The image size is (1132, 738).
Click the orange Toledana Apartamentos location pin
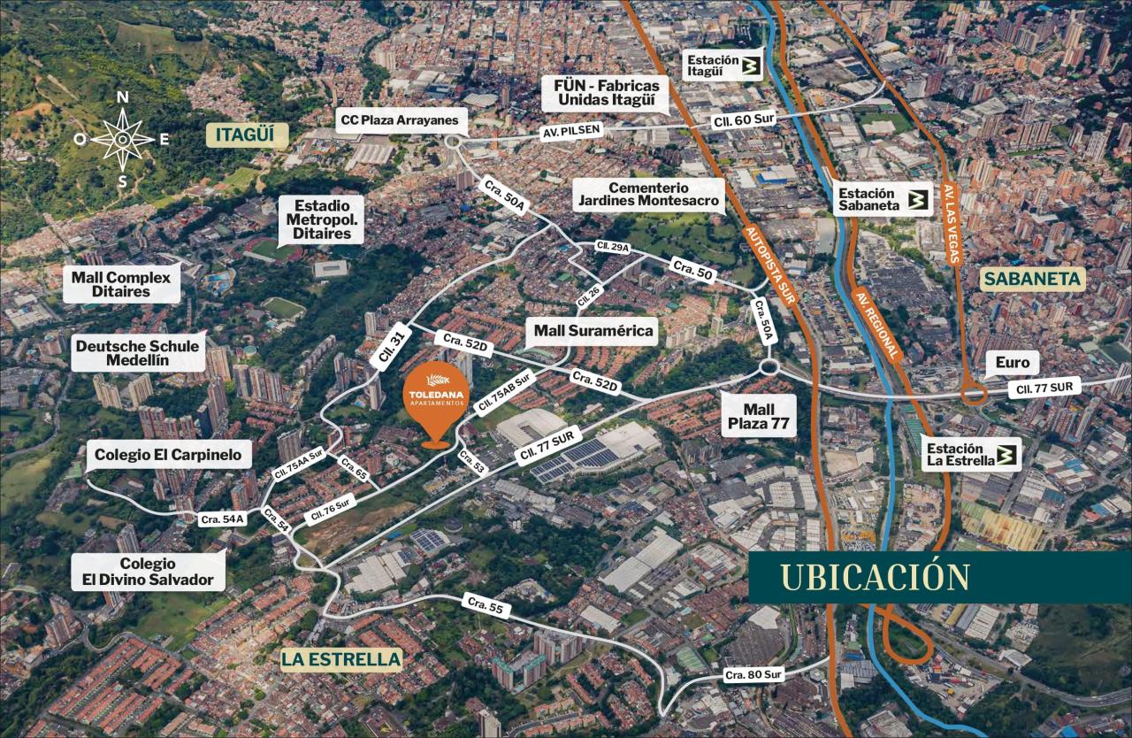(x=434, y=404)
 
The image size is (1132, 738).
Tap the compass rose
(x=122, y=139)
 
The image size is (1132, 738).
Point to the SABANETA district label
(x=1031, y=280)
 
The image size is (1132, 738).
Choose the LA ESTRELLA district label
(x=340, y=659)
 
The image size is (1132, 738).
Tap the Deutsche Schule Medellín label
(x=137, y=353)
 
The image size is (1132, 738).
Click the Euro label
(x=1012, y=363)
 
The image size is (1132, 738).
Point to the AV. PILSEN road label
(x=570, y=130)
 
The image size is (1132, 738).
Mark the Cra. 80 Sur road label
(x=753, y=674)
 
